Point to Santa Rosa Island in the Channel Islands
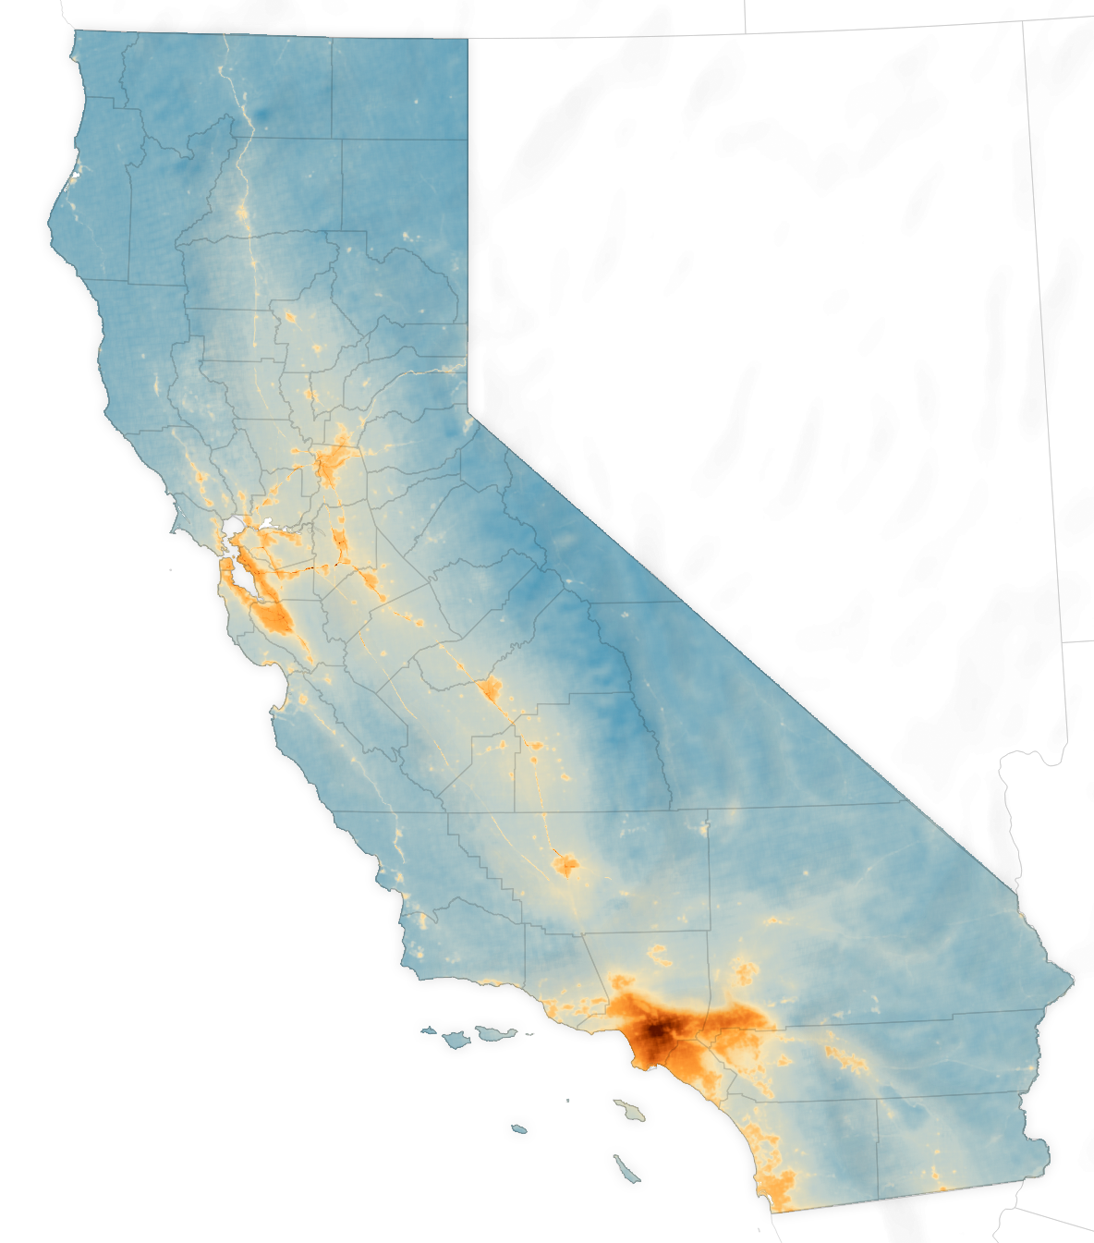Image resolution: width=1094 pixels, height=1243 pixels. (x=456, y=1040)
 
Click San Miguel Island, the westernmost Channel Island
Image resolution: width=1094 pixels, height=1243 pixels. (x=428, y=1029)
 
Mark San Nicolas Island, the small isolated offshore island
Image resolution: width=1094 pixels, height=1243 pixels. (x=518, y=1128)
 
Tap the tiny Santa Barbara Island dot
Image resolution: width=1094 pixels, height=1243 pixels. (x=568, y=1100)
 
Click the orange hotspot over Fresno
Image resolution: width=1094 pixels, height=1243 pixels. (x=489, y=688)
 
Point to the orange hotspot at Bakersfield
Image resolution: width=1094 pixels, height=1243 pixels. (x=565, y=865)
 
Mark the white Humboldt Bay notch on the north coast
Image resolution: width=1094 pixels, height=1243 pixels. (x=74, y=175)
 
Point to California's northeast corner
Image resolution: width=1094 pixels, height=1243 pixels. (x=467, y=39)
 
